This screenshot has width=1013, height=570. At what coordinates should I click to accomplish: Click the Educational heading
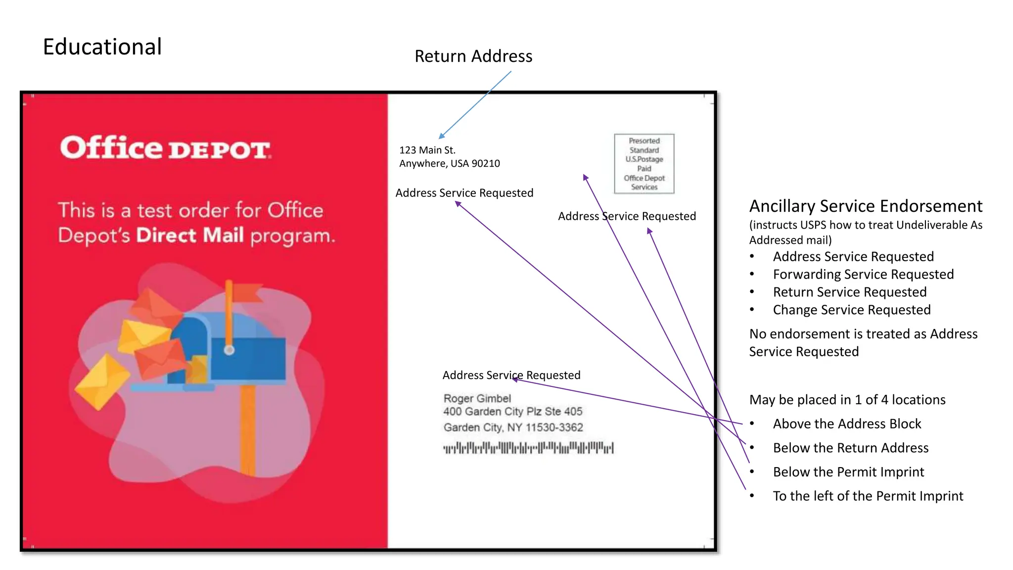click(x=102, y=47)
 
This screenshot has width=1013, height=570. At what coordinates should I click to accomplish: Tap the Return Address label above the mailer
click(x=473, y=56)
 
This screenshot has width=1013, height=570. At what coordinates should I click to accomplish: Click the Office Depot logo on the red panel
click(x=165, y=148)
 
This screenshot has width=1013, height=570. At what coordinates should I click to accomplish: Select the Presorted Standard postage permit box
click(x=644, y=164)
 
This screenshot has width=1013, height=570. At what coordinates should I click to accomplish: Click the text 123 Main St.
click(x=427, y=150)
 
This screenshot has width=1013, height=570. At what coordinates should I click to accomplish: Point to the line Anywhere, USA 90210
click(x=450, y=164)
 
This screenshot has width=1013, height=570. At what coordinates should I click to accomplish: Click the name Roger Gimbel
click(x=477, y=398)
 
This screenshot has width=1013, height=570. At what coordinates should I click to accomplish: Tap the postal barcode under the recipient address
click(x=528, y=448)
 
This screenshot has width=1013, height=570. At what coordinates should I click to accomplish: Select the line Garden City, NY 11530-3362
click(x=513, y=427)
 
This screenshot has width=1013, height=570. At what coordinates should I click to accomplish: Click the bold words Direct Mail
click(x=190, y=236)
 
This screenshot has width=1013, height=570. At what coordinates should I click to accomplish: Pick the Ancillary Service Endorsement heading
click(x=866, y=206)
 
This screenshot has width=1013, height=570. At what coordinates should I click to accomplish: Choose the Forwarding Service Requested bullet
click(x=863, y=275)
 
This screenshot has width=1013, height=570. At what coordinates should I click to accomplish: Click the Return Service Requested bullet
click(x=850, y=292)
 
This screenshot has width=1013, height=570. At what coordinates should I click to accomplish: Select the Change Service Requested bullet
click(x=852, y=310)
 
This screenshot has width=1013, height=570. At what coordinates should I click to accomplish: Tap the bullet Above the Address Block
click(x=847, y=424)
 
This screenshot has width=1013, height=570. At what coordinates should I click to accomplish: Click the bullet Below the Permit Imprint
click(x=848, y=472)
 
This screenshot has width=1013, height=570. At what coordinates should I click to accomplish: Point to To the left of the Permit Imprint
click(x=868, y=496)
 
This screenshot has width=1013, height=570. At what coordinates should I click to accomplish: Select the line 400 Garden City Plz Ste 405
click(x=513, y=412)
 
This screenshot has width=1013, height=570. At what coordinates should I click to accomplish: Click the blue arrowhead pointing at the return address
click(x=441, y=136)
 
